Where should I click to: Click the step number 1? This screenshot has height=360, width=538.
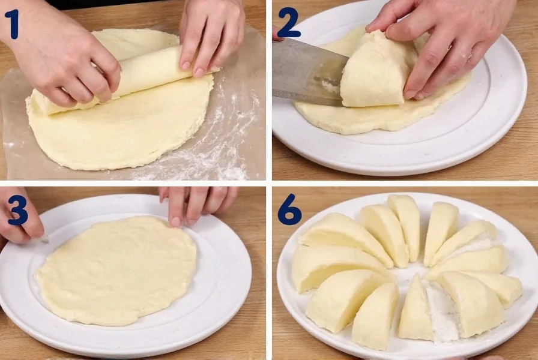tap(11, 25)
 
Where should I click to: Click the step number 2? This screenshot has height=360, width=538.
tap(288, 23)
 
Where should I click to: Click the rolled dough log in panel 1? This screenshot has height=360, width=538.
tap(144, 75)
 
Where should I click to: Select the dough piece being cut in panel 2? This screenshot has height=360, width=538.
tap(375, 72)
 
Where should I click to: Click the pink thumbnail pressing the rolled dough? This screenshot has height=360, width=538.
tap(199, 71)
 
